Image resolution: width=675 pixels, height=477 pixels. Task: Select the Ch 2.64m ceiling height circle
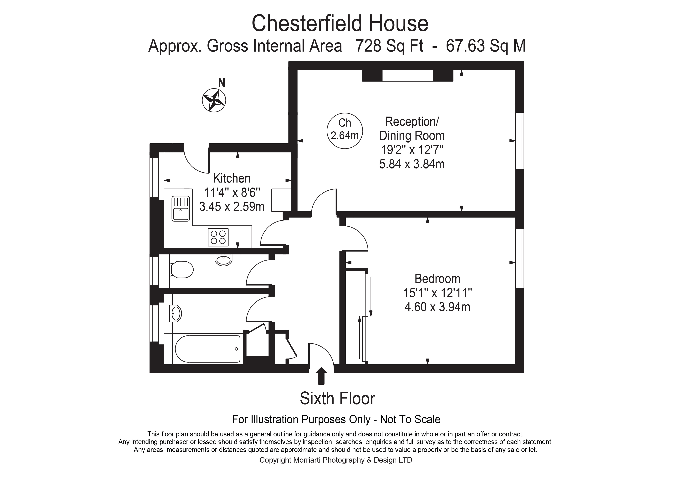tap(345, 131)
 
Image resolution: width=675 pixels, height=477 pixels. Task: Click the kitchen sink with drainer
tap(181, 208)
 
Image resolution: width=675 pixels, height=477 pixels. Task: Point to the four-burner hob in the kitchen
tap(218, 237)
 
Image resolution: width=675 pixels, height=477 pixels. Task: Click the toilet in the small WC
tap(182, 269)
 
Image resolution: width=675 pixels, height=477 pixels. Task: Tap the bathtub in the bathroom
tap(207, 349)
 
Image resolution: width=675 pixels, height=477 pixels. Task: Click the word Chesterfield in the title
tap(308, 23)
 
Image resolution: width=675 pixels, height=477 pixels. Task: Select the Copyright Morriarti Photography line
tap(335, 460)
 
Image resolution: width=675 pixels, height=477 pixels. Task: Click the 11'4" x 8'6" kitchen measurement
tap(232, 193)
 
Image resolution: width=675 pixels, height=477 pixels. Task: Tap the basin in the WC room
tap(224, 260)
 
